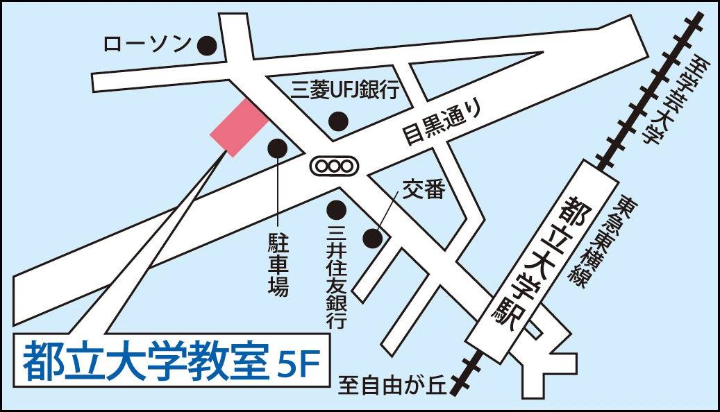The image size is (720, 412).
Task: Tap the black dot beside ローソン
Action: tap(206, 46)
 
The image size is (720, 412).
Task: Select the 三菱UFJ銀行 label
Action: tap(344, 89)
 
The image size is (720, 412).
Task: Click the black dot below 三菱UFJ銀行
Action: tap(338, 121)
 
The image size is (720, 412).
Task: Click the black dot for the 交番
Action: tap(374, 238)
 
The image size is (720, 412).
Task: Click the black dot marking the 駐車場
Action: tap(278, 147)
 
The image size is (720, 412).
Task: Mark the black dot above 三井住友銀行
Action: tap(337, 208)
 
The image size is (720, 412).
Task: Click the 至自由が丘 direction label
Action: tap(394, 384)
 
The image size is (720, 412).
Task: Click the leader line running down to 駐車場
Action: tap(278, 194)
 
